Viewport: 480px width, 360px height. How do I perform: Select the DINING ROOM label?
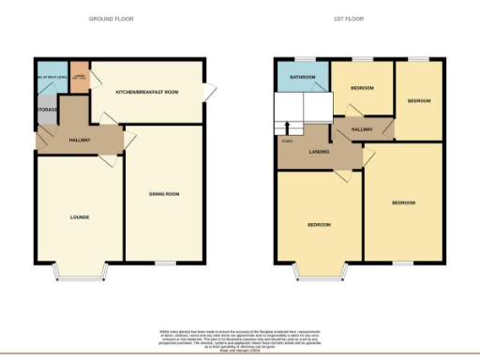click(x=164, y=194)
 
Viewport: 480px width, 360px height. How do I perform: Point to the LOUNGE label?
click(x=79, y=217)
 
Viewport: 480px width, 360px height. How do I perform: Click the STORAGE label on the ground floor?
click(x=47, y=111)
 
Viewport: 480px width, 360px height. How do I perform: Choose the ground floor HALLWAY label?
click(x=79, y=140)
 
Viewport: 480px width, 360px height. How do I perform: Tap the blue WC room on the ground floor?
click(x=48, y=79)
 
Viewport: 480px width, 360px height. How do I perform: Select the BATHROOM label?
click(x=301, y=78)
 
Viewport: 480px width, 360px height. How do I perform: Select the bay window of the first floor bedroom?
click(x=318, y=273)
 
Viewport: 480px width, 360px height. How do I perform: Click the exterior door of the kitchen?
click(x=214, y=92)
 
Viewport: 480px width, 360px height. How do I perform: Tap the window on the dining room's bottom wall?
click(x=164, y=262)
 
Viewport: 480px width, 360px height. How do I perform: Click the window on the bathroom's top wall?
click(x=301, y=59)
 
